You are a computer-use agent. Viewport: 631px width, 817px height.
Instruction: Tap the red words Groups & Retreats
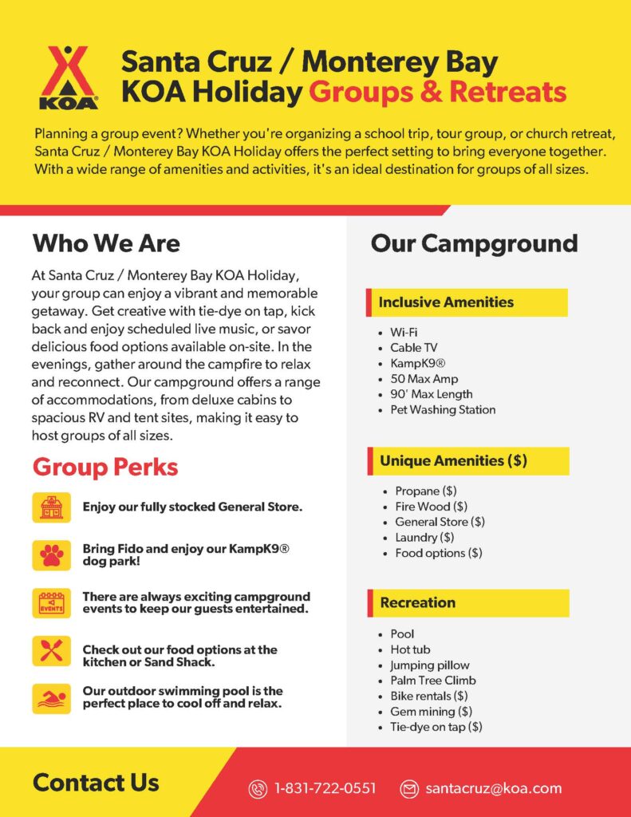(x=437, y=93)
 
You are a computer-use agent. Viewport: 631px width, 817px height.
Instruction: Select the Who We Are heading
(x=106, y=243)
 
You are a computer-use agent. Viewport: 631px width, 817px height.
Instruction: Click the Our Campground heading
(x=474, y=243)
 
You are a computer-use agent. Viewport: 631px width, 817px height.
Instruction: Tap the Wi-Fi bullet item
(x=404, y=332)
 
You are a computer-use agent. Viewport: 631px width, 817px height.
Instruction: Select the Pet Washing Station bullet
(x=443, y=410)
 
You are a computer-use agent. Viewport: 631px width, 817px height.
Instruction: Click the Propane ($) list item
(x=425, y=491)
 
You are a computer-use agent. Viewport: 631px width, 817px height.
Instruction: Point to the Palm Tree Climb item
(x=432, y=681)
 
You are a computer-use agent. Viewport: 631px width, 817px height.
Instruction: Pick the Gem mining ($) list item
(x=431, y=712)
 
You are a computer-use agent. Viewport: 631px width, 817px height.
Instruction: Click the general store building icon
(x=52, y=507)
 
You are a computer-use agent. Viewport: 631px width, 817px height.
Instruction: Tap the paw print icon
(x=52, y=555)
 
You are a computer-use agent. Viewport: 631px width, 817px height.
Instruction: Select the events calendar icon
(x=52, y=603)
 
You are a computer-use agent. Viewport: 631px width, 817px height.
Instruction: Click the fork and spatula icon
(x=52, y=650)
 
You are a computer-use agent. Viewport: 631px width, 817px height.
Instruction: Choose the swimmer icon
(x=52, y=698)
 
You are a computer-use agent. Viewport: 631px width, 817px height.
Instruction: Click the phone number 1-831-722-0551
(x=325, y=788)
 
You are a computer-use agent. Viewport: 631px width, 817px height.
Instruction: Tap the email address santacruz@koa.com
(x=493, y=788)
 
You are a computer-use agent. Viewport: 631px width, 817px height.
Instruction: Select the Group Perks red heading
(x=105, y=468)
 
